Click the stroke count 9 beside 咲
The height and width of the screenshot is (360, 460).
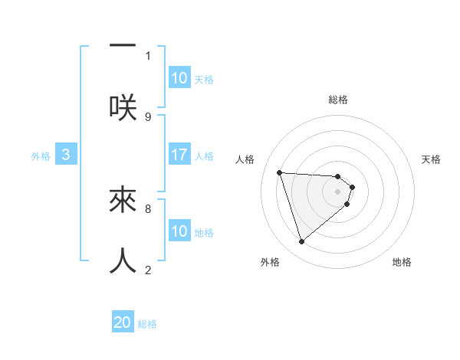coord(148,116)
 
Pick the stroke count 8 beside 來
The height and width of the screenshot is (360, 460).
coord(148,208)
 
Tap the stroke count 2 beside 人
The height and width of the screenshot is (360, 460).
coord(148,270)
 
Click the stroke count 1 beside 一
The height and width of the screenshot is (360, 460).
coord(148,55)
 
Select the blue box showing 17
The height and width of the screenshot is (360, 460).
coord(179,155)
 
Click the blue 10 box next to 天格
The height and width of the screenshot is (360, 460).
coord(179,78)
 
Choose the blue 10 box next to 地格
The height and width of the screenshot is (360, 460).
coord(179,231)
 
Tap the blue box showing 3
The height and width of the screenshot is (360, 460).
coord(66,155)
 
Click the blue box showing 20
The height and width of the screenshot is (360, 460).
coord(123,323)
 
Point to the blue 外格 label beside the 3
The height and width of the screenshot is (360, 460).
coord(41,156)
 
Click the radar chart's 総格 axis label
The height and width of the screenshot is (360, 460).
coord(338,100)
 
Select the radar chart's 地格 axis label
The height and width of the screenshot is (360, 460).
coord(402,263)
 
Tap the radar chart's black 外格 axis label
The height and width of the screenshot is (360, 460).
coord(270,263)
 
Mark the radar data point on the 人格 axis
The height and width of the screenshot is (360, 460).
coord(279,172)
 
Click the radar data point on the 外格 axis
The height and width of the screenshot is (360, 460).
coord(301,242)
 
